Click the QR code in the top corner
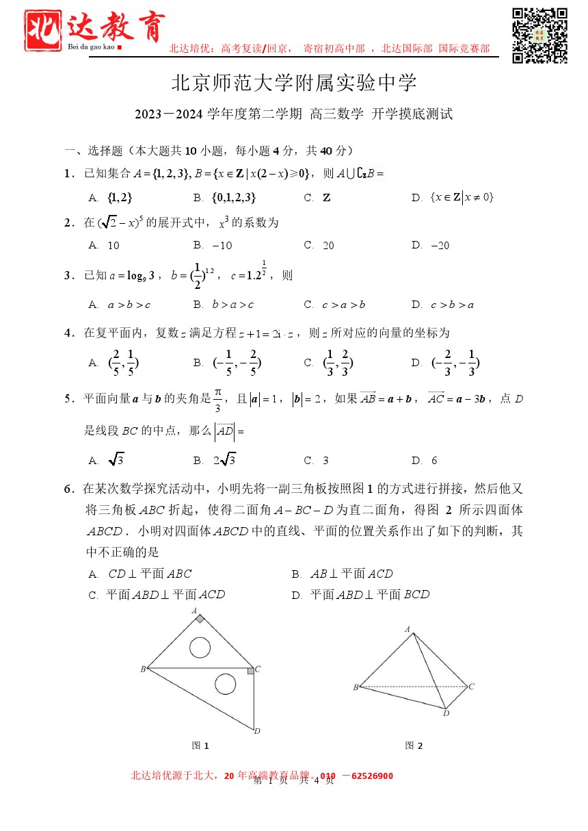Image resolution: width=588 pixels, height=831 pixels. pyautogui.click(x=539, y=36)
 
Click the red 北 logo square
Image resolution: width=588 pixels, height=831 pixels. pyautogui.click(x=44, y=34)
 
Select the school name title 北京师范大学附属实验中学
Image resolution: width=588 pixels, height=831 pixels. pyautogui.click(x=293, y=84)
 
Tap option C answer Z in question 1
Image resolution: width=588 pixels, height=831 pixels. pyautogui.click(x=326, y=198)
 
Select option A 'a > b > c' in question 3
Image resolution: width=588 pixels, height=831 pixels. pyautogui.click(x=129, y=305)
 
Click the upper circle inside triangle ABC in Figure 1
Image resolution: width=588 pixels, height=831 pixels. pyautogui.click(x=200, y=646)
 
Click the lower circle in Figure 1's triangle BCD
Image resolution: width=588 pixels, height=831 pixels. pyautogui.click(x=225, y=683)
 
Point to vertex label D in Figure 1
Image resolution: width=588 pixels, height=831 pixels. pyautogui.click(x=257, y=731)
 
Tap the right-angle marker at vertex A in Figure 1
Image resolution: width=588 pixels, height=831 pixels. pyautogui.click(x=199, y=619)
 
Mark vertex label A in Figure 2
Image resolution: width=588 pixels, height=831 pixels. pyautogui.click(x=407, y=629)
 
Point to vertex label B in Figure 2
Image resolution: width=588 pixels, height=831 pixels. pyautogui.click(x=356, y=687)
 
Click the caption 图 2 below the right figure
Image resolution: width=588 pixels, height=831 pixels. pyautogui.click(x=414, y=745)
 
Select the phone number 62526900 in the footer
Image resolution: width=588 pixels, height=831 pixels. pyautogui.click(x=372, y=776)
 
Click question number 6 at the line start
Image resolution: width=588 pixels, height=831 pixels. pyautogui.click(x=68, y=489)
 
